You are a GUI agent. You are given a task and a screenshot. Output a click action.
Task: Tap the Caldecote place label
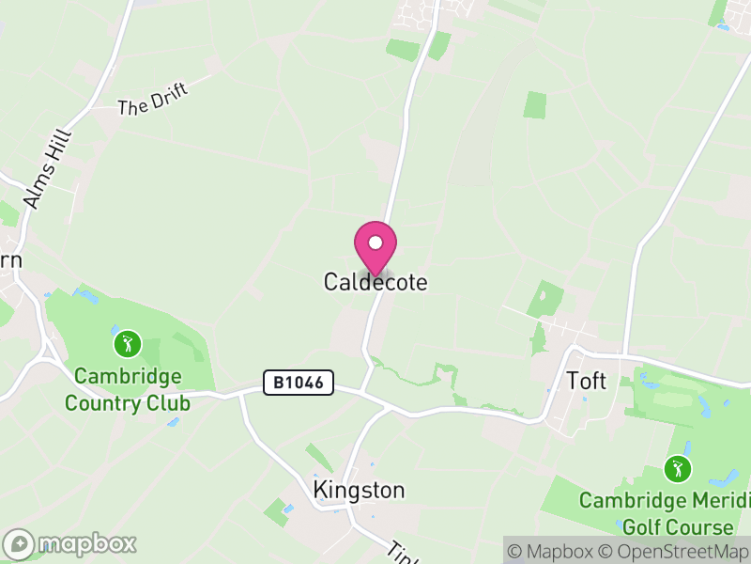click(x=375, y=282)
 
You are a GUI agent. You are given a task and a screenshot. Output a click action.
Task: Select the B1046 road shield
click(x=299, y=383)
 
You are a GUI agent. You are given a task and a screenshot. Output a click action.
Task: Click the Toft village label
click(x=587, y=381)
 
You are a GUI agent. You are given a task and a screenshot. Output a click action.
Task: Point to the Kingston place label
click(x=359, y=491)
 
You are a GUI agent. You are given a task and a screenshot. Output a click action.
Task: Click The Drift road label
click(x=153, y=99)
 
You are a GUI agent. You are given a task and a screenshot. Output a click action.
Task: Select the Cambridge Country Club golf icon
click(x=127, y=343)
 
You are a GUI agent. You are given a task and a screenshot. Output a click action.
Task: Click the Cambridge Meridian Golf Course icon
click(x=676, y=467)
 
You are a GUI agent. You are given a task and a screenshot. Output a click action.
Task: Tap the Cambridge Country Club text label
click(x=128, y=390)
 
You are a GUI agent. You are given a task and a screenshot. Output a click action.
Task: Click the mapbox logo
click(x=70, y=543)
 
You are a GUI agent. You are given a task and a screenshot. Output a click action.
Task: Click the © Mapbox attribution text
click(x=553, y=552)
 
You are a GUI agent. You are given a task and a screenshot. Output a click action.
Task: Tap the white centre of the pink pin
click(x=375, y=243)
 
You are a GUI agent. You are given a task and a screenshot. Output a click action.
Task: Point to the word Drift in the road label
click(x=169, y=93)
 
